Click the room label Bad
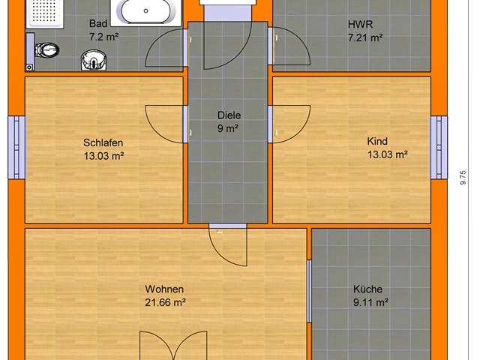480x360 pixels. click(x=98, y=23)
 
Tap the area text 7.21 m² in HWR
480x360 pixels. click(x=365, y=36)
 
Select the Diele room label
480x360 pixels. click(x=229, y=115)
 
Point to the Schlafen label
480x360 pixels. click(x=103, y=142)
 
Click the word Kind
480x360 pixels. click(x=376, y=141)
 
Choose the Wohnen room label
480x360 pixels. click(x=165, y=289)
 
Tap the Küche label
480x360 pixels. click(x=368, y=289)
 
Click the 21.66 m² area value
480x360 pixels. click(x=165, y=303)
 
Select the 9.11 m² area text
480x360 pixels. click(x=370, y=303)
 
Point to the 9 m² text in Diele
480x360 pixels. click(x=229, y=129)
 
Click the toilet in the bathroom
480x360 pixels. click(x=46, y=50)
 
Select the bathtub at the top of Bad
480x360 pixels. click(x=149, y=12)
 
